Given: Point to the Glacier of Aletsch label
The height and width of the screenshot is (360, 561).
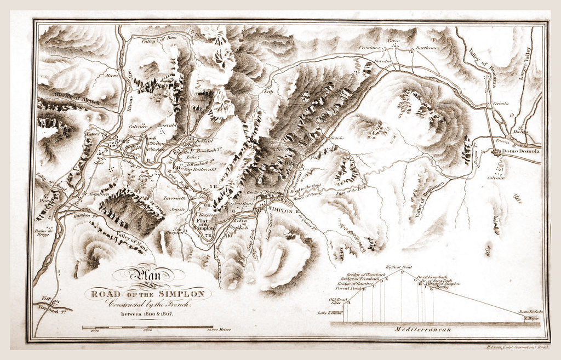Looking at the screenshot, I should tap(64, 99).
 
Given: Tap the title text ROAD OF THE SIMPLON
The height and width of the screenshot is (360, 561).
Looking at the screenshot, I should tap(147, 294).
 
